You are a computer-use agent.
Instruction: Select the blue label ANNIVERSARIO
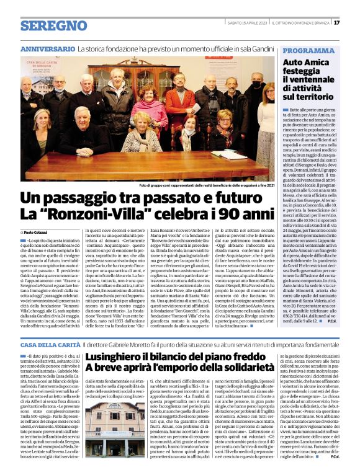[x=47, y=48]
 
